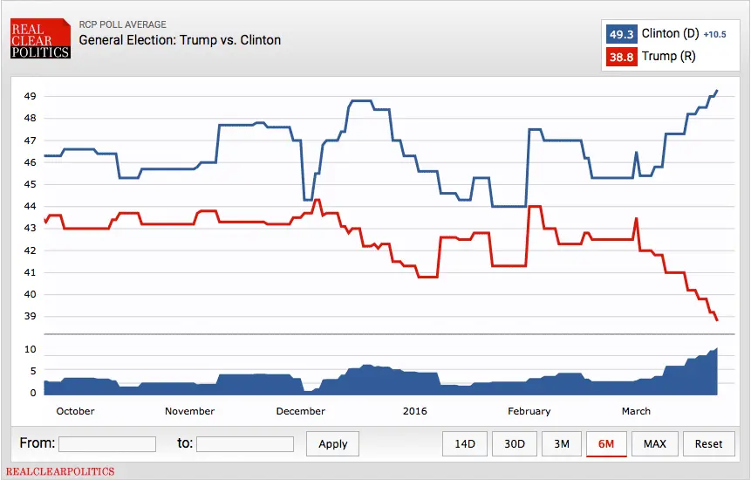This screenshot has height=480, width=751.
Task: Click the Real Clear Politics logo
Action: click(x=40, y=40)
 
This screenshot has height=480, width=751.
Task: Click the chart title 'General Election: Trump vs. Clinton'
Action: click(x=180, y=40)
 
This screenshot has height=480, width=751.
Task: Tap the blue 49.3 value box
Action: click(x=622, y=34)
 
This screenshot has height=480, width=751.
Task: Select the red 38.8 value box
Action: click(x=622, y=57)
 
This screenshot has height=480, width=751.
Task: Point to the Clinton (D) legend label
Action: click(x=670, y=34)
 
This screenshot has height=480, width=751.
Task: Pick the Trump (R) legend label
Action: click(x=669, y=57)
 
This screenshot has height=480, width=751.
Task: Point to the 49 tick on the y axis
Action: click(x=30, y=96)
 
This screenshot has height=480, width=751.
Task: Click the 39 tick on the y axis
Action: click(x=30, y=317)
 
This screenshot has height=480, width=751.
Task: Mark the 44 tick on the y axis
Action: click(x=30, y=207)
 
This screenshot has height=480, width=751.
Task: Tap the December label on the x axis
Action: click(x=300, y=411)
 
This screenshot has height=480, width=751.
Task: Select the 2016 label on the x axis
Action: click(x=414, y=411)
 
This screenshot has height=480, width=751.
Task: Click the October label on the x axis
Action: click(x=75, y=411)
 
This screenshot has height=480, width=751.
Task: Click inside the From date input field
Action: click(x=107, y=444)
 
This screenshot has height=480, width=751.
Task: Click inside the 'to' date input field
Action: click(x=245, y=444)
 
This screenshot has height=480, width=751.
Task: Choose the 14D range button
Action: click(x=465, y=444)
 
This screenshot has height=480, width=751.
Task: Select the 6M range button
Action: click(x=606, y=444)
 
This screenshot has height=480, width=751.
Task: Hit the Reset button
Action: click(x=708, y=444)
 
